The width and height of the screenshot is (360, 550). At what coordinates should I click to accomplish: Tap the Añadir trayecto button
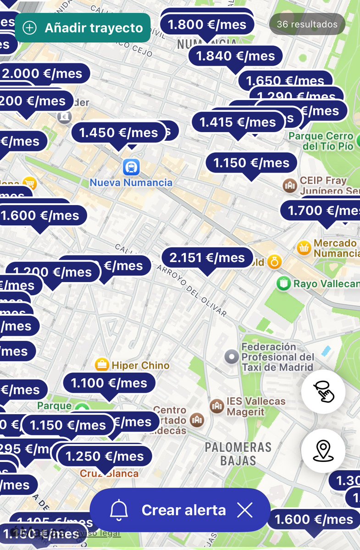click(83, 28)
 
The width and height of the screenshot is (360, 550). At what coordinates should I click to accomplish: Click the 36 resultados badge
click(307, 24)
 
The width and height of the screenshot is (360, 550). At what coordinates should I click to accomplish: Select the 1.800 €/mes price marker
click(207, 25)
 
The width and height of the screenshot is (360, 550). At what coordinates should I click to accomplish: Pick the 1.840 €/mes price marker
click(235, 56)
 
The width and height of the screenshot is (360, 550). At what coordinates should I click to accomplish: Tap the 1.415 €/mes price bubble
click(238, 122)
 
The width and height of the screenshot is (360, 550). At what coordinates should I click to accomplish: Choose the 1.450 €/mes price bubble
click(118, 133)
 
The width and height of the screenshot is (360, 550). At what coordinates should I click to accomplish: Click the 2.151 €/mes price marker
click(207, 258)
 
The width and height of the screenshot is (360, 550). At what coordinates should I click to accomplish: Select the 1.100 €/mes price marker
click(109, 383)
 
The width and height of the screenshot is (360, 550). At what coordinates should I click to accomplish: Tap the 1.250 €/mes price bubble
click(105, 456)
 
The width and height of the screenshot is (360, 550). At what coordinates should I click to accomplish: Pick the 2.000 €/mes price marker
click(42, 73)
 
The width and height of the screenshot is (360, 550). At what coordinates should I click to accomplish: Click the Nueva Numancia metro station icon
click(131, 167)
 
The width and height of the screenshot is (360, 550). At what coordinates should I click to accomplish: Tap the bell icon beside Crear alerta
click(119, 510)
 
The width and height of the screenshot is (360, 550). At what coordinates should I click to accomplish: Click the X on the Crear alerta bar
click(245, 510)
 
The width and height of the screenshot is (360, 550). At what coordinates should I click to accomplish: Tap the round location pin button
click(323, 450)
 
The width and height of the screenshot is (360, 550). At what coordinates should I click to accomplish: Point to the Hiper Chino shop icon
click(101, 365)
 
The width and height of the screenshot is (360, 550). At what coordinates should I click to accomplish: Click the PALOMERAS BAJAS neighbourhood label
click(238, 454)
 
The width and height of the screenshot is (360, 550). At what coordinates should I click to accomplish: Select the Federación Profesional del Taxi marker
click(232, 356)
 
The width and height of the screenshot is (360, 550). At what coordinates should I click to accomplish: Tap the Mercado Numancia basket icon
click(303, 248)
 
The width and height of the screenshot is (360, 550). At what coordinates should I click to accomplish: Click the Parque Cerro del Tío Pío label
click(321, 141)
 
